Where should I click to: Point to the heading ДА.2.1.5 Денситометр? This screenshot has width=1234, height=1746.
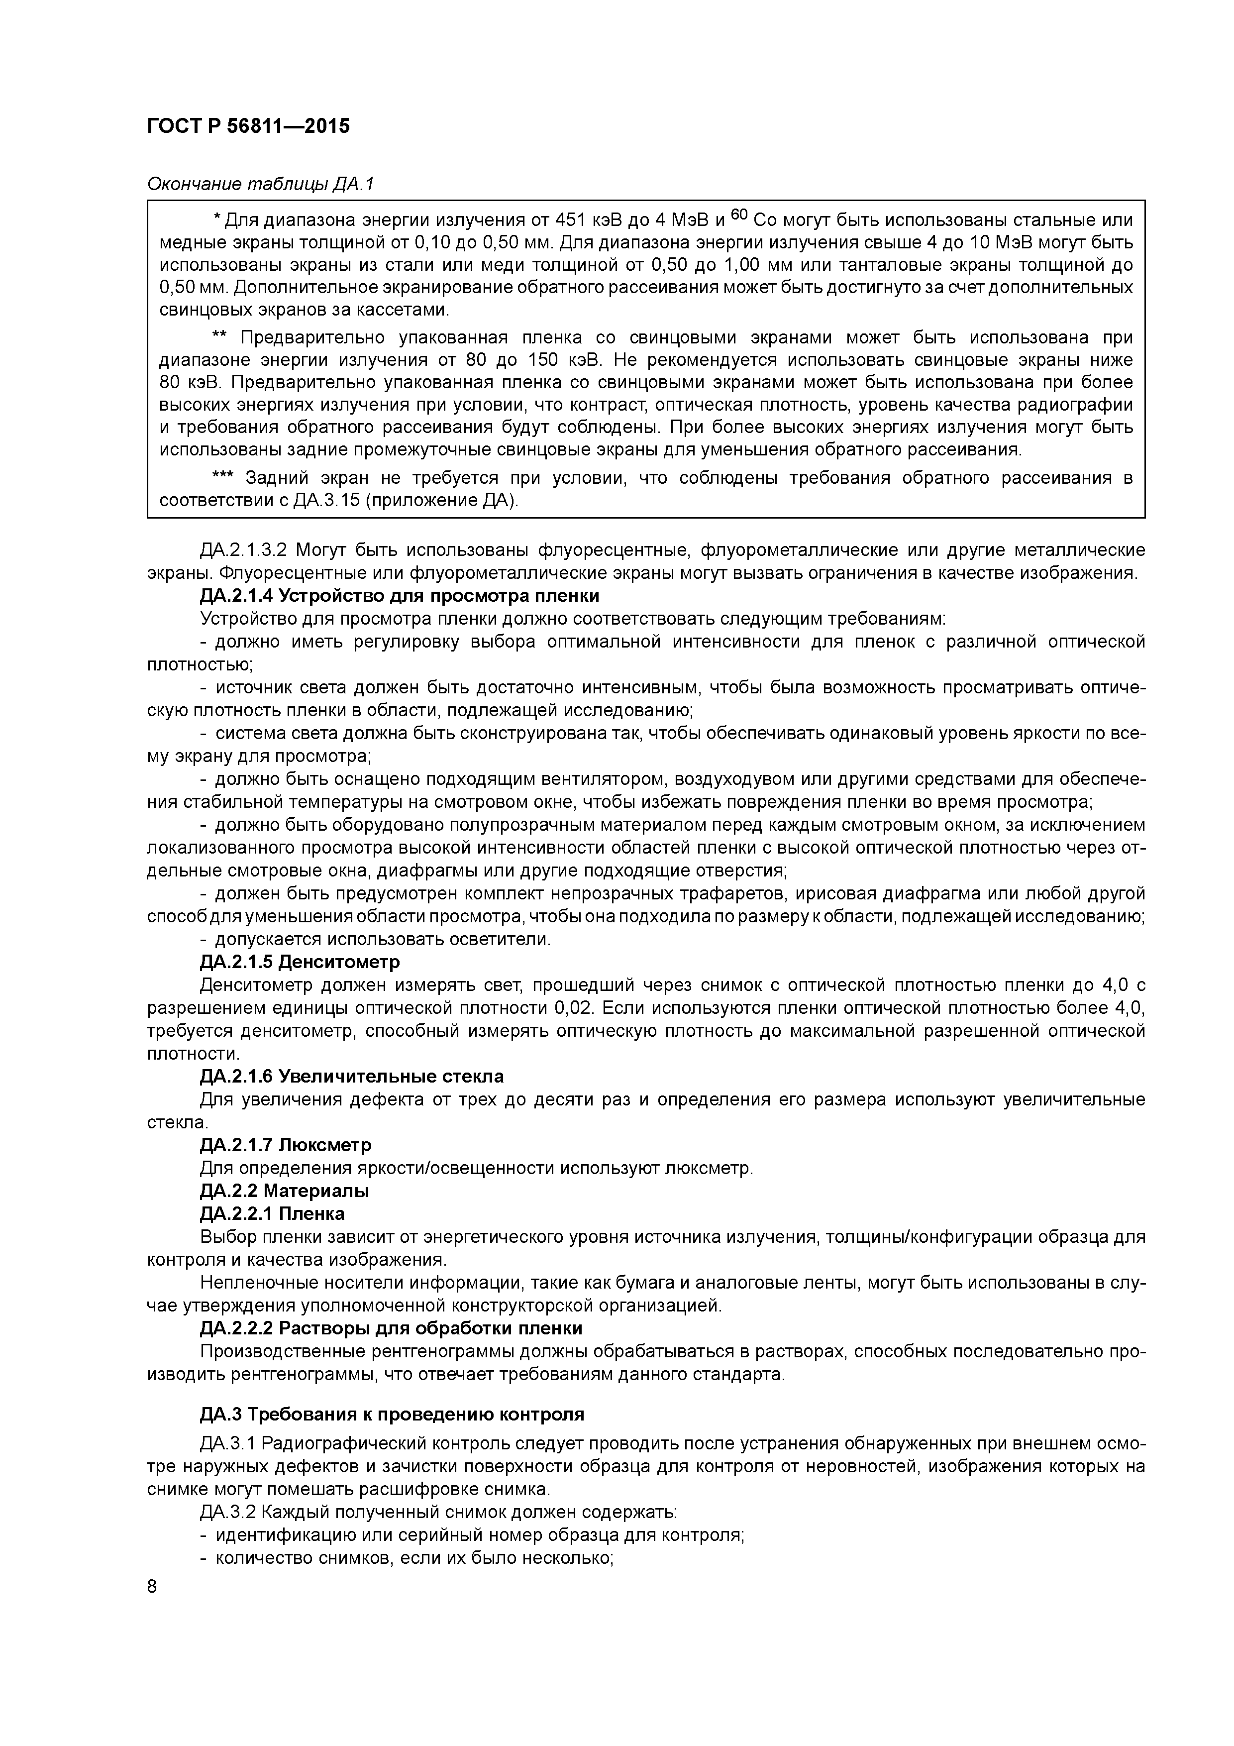[x=300, y=962]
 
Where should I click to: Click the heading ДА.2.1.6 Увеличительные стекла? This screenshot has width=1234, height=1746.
[x=351, y=1076]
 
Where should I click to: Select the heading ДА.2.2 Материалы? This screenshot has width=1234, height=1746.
[x=284, y=1190]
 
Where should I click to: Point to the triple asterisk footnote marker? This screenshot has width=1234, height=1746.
[x=223, y=478]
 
